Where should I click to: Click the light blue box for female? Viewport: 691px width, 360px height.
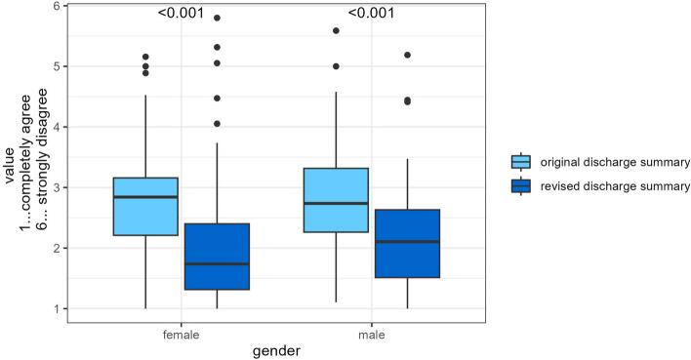click(x=145, y=207)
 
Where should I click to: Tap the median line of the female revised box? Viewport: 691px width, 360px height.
click(x=217, y=264)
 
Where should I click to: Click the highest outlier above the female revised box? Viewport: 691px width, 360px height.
click(x=217, y=18)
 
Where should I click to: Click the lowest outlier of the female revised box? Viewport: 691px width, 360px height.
click(x=217, y=124)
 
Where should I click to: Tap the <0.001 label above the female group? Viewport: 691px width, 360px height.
click(x=182, y=14)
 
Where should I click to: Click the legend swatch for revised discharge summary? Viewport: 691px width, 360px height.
click(x=522, y=185)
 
